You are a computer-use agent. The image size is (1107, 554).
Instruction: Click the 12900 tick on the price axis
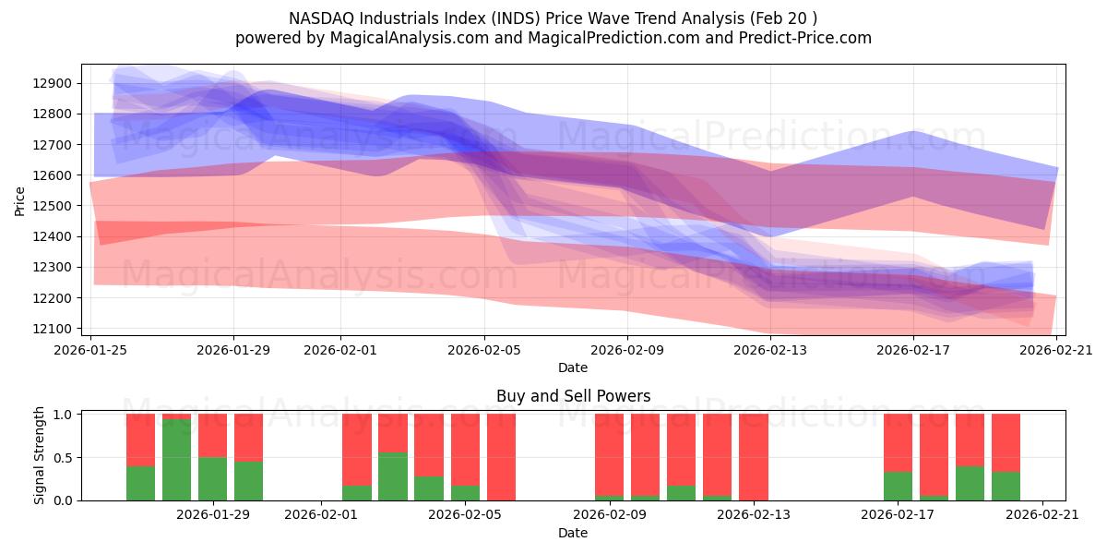pyautogui.click(x=55, y=83)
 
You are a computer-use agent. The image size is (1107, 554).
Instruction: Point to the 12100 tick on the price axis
pyautogui.click(x=55, y=329)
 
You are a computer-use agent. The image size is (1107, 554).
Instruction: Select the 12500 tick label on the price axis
pyautogui.click(x=55, y=206)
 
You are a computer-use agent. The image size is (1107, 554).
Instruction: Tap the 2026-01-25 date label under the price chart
pyautogui.click(x=90, y=350)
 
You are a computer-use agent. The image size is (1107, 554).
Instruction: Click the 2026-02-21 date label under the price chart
pyautogui.click(x=1056, y=350)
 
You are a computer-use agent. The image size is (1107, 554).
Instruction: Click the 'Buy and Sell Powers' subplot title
pyautogui.click(x=573, y=396)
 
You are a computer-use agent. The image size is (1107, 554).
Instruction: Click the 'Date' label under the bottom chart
pyautogui.click(x=573, y=533)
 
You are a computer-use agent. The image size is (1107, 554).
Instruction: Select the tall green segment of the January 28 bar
pyautogui.click(x=177, y=460)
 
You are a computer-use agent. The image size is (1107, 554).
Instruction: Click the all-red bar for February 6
pyautogui.click(x=502, y=457)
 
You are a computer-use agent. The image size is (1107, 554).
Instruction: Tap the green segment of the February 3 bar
pyautogui.click(x=393, y=476)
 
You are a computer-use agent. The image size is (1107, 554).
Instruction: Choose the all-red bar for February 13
pyautogui.click(x=754, y=457)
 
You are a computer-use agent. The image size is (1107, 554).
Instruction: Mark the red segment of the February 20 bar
pyautogui.click(x=1006, y=442)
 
